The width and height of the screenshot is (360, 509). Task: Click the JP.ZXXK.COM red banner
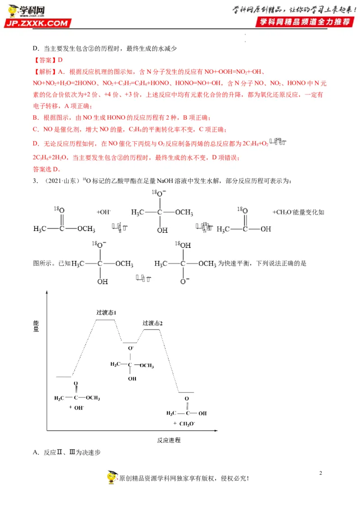point(38,23)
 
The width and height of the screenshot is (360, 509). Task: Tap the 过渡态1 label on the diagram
point(107,313)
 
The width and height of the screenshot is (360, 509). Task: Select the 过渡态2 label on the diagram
point(152,323)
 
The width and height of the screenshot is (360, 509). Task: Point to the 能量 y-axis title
point(36,326)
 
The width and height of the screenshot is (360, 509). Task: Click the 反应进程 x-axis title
point(169,440)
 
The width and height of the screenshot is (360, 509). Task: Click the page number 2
point(320,473)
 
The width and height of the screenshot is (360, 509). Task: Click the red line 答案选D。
point(46,169)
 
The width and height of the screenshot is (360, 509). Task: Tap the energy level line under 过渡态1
point(105,320)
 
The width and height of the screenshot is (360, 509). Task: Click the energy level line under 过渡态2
point(151,330)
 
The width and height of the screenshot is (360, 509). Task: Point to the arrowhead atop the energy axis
point(46,294)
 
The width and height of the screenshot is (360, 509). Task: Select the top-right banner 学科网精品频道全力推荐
point(302,22)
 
